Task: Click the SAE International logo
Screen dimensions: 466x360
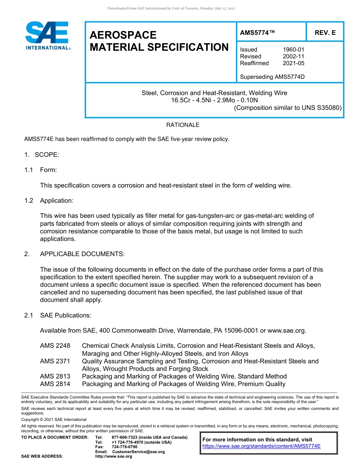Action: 47,36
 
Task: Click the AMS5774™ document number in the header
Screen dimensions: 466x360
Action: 257,33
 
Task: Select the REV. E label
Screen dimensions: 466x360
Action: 325,33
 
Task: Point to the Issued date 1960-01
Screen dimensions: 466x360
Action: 293,50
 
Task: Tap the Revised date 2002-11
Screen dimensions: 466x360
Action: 293,56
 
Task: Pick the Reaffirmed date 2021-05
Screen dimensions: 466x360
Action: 293,63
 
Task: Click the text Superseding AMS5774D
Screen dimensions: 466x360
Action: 272,77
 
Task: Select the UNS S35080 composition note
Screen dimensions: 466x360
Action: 288,108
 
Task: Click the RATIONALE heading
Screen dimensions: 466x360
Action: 183,125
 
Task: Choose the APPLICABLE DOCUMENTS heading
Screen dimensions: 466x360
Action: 82,254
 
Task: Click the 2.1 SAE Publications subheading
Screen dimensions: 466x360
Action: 58,315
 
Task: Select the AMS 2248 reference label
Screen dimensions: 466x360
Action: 55,346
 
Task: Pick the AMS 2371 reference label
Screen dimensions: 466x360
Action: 55,361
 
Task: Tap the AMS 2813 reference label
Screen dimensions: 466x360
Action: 55,376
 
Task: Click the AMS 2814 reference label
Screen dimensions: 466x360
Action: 55,384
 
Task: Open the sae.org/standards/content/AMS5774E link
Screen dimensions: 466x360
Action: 261,446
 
